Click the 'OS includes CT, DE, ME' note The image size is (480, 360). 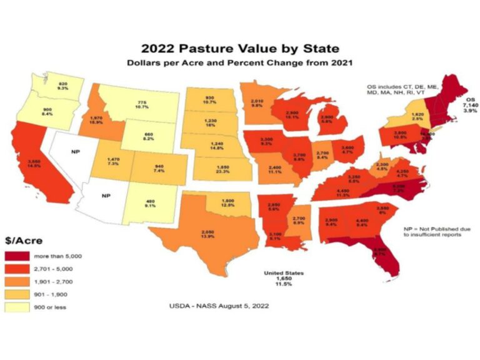(407, 87)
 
